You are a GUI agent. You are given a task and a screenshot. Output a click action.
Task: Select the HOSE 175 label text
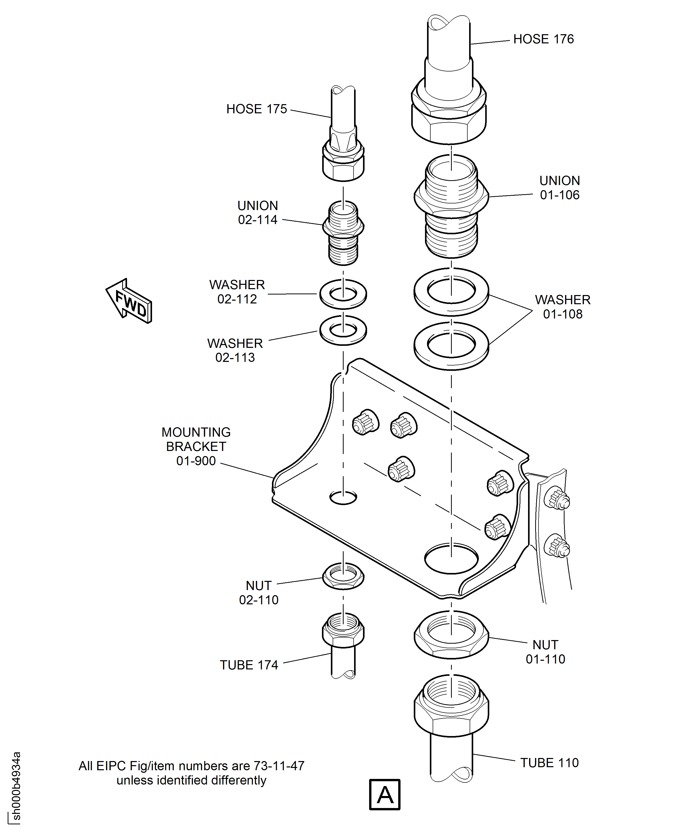click(257, 109)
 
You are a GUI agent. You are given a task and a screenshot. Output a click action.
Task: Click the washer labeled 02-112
click(343, 294)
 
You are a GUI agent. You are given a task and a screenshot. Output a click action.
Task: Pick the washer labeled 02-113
click(343, 330)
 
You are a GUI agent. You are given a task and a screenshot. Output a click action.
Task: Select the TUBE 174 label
click(249, 665)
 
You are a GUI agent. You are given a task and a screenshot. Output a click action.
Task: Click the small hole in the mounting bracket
click(343, 497)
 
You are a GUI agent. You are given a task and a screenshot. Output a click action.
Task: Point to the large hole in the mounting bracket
click(451, 559)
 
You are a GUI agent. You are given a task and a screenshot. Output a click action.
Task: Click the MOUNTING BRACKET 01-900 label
click(196, 447)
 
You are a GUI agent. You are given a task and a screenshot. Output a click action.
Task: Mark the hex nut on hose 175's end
click(343, 165)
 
